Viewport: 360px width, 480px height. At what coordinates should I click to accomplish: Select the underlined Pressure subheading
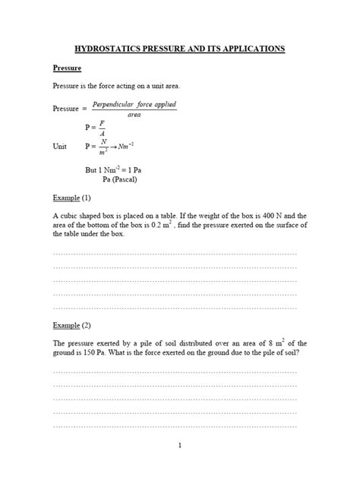click(x=67, y=69)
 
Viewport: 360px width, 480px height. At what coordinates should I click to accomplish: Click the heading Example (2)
click(x=71, y=324)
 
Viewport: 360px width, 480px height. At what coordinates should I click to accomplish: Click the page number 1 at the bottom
click(x=179, y=445)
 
